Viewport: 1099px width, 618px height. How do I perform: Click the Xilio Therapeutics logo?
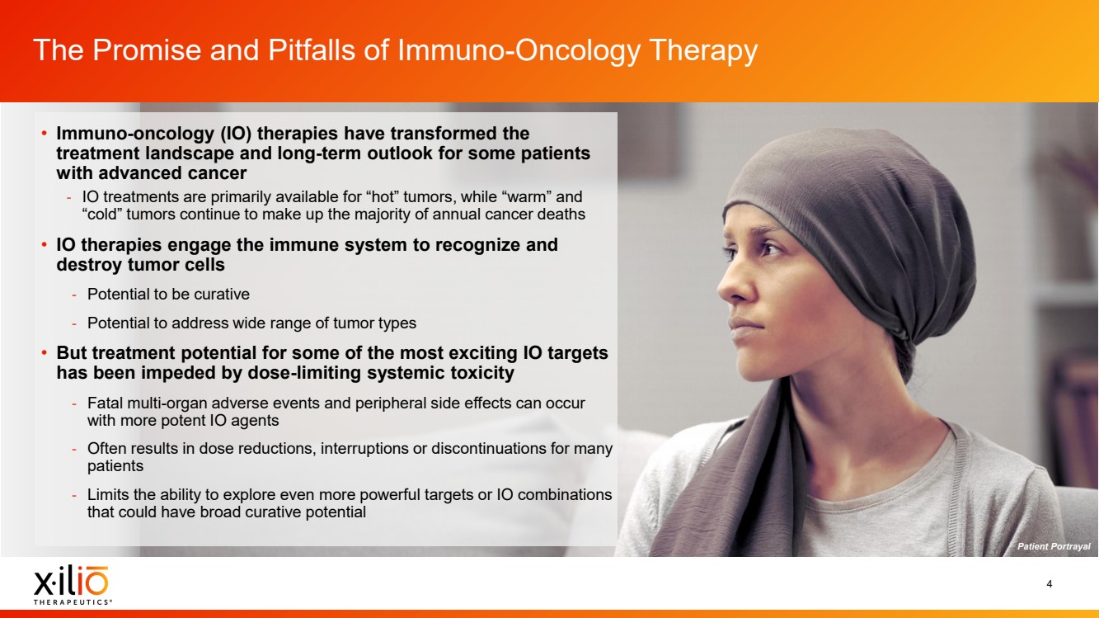click(x=72, y=585)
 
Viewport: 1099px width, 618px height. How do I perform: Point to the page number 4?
click(x=1049, y=583)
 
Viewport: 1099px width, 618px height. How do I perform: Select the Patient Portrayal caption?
click(x=1054, y=546)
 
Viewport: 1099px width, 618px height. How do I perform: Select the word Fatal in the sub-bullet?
click(x=105, y=403)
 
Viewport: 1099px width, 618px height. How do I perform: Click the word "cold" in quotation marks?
click(x=101, y=214)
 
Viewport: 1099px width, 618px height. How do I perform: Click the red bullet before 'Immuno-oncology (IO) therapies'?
click(x=45, y=133)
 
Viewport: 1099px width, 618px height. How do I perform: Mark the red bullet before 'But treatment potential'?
click(x=45, y=352)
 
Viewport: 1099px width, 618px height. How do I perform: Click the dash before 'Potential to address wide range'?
click(x=74, y=323)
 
